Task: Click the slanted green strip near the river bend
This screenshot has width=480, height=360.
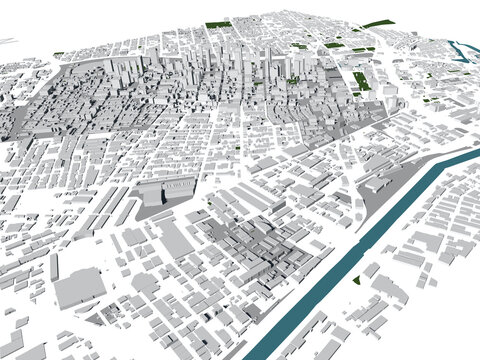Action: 378,24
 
